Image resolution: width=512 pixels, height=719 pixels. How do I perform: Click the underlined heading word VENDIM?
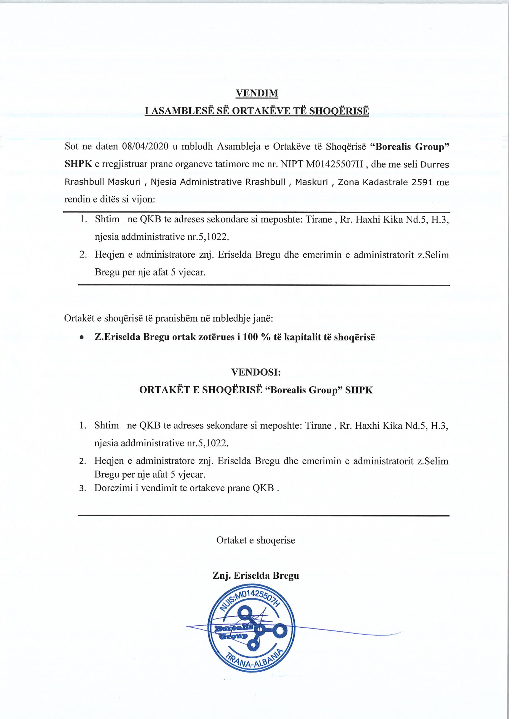[257, 93]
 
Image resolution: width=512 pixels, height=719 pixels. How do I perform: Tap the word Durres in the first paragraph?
[435, 165]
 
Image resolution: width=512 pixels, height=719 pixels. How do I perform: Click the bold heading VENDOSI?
[256, 372]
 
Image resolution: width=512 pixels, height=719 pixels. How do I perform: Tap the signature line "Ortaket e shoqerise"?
[255, 540]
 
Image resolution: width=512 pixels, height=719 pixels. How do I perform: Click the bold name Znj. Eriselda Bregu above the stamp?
[256, 576]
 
